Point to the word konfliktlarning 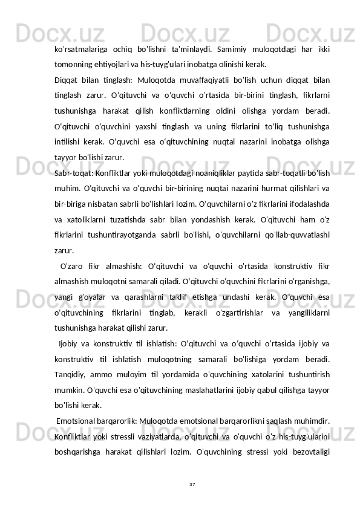(197, 111)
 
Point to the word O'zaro (72, 268)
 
